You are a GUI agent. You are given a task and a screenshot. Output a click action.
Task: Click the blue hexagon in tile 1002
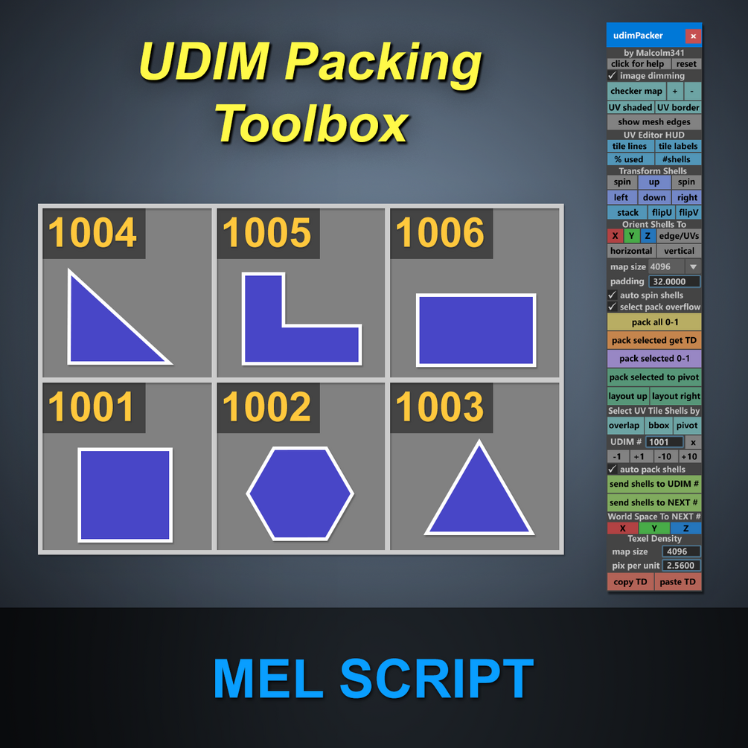(300, 493)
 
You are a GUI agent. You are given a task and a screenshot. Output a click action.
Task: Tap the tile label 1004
(93, 233)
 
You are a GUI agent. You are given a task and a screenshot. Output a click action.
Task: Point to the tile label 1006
(441, 233)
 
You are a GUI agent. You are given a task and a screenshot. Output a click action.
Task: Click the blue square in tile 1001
(125, 494)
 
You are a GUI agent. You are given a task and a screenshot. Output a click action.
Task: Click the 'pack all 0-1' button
(654, 322)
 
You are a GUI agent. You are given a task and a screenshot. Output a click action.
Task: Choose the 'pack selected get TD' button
(654, 340)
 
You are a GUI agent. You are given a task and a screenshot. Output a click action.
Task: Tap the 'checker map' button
(636, 91)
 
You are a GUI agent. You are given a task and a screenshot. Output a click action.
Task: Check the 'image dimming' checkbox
(613, 76)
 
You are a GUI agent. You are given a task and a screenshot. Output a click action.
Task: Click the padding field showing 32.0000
(674, 281)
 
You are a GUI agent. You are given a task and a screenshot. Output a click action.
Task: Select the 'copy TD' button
(630, 582)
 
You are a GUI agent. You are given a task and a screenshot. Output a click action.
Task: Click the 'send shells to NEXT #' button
(654, 502)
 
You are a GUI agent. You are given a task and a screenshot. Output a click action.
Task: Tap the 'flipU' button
(662, 212)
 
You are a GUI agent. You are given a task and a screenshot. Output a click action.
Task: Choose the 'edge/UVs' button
(679, 236)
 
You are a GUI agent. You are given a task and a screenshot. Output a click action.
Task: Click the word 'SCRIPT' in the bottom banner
(437, 679)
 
